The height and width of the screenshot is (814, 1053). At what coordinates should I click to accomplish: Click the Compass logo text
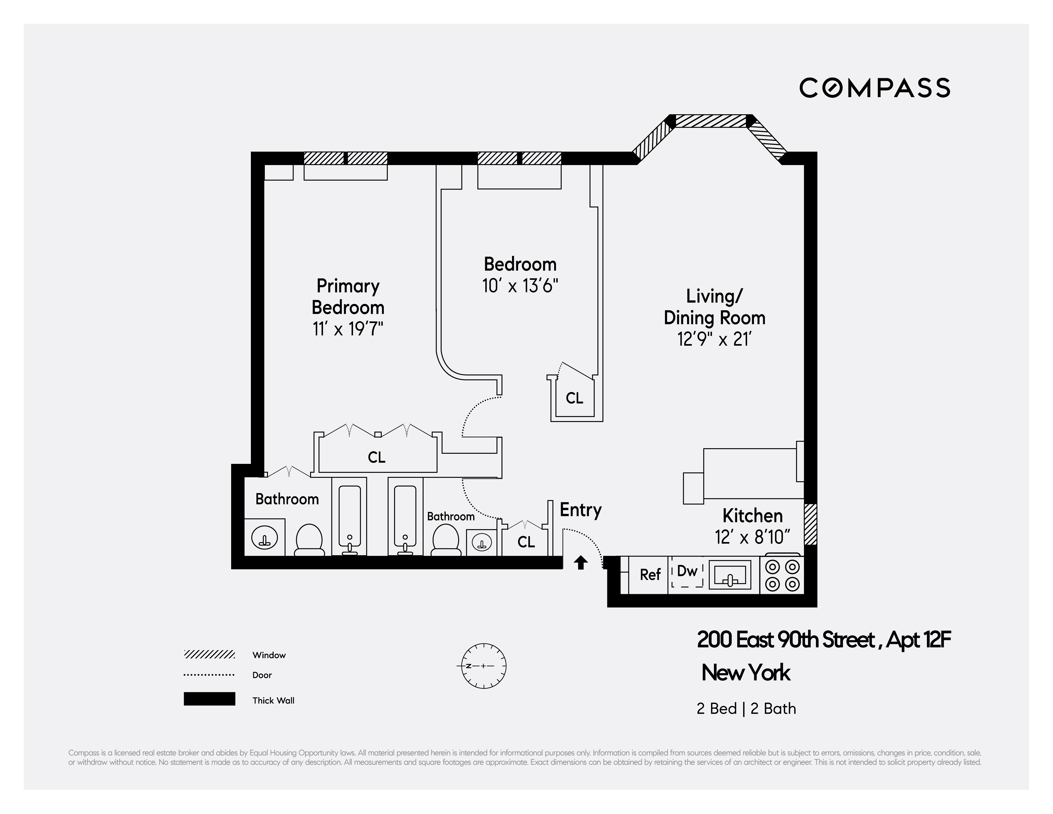coord(874,88)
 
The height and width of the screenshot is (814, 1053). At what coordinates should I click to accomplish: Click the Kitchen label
coord(752,516)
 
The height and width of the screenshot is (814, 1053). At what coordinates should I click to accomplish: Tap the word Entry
coord(580,510)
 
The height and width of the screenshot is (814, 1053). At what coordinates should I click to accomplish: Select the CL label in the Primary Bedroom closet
coord(376,457)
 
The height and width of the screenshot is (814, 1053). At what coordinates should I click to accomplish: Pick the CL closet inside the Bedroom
coord(574,398)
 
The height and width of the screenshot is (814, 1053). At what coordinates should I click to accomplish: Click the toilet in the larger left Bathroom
coord(309,540)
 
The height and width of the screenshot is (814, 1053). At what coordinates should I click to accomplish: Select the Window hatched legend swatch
coord(209,654)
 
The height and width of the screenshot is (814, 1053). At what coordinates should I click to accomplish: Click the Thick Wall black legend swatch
coord(209,699)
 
